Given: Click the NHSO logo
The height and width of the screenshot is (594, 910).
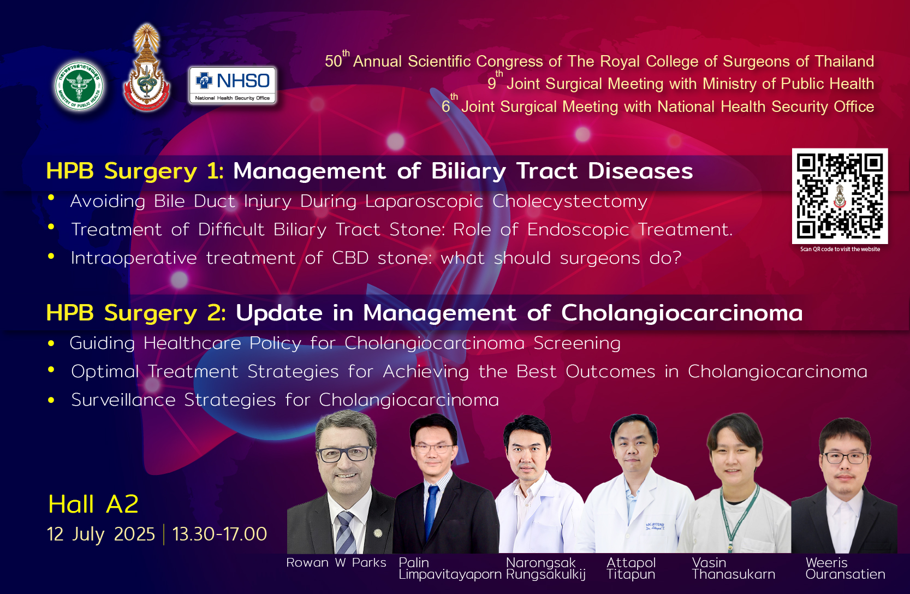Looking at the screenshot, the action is click(233, 85).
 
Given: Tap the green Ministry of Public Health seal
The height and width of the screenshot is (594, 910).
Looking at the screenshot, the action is click(79, 86).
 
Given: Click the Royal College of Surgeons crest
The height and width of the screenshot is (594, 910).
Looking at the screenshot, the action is click(147, 68).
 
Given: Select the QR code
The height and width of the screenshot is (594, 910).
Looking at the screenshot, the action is click(840, 196).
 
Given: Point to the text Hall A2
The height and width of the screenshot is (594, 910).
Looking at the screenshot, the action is click(93, 504).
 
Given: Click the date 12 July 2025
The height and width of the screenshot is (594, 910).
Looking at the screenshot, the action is click(101, 534).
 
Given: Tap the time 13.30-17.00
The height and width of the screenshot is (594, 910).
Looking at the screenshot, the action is click(219, 534).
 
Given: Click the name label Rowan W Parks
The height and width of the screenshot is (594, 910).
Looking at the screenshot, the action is click(336, 563).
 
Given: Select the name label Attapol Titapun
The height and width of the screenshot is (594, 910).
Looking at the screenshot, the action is click(631, 568).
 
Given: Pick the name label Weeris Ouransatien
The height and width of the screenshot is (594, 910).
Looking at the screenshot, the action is click(845, 568).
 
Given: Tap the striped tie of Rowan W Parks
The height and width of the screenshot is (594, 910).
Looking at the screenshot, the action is click(346, 533).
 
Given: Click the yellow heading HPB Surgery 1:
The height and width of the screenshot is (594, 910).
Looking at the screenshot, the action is click(135, 171).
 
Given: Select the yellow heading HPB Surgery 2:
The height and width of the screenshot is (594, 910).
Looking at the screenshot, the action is click(136, 313).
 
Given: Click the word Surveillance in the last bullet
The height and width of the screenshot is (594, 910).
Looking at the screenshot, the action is click(123, 400).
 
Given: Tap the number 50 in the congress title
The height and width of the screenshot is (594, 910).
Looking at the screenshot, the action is click(333, 61).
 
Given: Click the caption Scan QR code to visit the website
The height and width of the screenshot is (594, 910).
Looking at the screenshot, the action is click(840, 249).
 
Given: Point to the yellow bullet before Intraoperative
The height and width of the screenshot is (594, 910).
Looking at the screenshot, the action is click(51, 256).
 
